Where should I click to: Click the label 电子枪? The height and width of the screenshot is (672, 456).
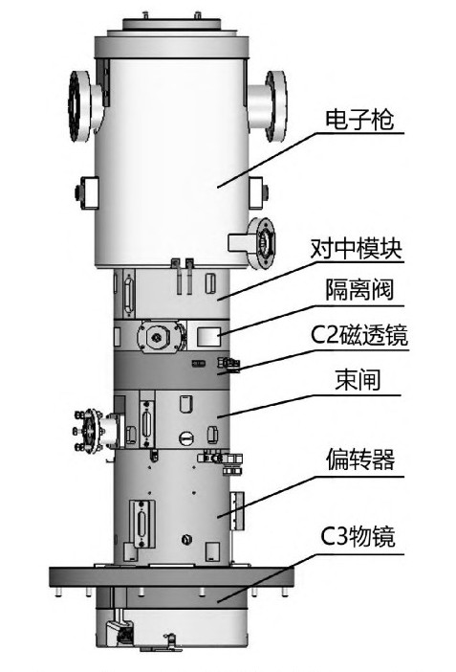pos(358,119)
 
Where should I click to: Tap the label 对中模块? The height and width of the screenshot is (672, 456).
pos(357,248)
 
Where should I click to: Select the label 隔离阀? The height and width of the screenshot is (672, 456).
pos(358,290)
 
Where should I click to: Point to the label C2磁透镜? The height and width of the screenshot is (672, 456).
pos(358,335)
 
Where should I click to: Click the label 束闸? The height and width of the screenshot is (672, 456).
pos(358,379)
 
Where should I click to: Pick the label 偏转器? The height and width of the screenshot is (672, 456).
pos(359,459)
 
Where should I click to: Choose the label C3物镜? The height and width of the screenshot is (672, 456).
pos(358,536)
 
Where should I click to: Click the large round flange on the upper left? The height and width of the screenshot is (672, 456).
pos(79,106)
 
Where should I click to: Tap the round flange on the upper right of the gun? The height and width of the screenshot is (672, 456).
pos(275,106)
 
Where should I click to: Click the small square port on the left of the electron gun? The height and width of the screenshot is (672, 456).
pos(89,192)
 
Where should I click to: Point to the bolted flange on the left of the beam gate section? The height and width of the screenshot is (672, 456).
pos(91,431)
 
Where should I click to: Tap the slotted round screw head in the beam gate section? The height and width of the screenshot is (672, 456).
pos(185,437)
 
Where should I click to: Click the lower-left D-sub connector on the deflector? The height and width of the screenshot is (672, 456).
pos(141,524)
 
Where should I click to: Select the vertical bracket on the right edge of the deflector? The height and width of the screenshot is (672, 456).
pos(237,510)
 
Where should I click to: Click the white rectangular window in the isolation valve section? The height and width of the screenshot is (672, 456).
pos(208,337)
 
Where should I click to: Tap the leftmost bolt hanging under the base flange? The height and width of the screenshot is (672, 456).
pos(58,593)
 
